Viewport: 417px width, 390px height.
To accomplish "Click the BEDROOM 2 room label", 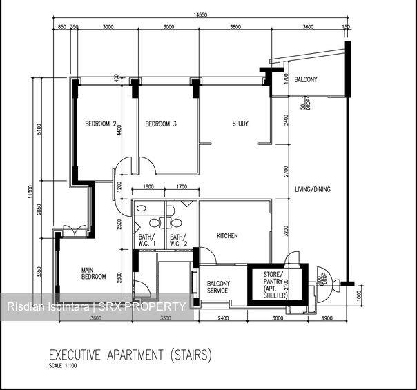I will click(x=100, y=124).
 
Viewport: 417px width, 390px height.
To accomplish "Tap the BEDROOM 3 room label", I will click(x=161, y=124).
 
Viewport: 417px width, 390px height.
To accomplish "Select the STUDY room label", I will click(x=240, y=124).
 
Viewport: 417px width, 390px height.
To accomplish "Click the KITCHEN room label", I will click(x=227, y=236).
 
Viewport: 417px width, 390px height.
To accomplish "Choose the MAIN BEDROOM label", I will click(x=94, y=273).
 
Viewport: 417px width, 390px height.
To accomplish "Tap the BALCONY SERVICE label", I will click(x=218, y=287).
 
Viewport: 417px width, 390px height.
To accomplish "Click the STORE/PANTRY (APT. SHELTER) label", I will click(x=275, y=284).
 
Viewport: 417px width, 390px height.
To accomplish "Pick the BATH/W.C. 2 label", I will click(x=179, y=240).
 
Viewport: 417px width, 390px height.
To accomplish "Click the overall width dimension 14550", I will click(x=201, y=14).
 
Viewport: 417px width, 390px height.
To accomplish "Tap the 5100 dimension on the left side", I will click(x=40, y=130).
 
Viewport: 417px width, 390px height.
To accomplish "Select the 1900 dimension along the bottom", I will click(x=327, y=319).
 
